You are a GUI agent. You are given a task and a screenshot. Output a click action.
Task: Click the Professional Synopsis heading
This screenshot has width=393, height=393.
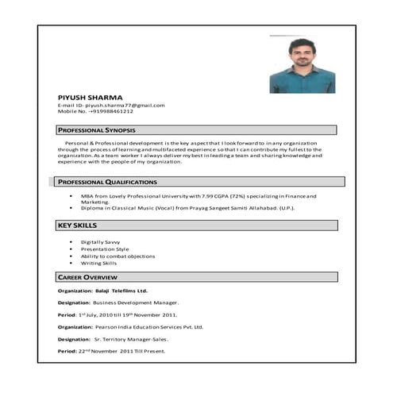pos(96,129)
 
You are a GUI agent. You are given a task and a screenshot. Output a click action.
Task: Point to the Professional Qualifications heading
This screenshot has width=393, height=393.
pos(106,183)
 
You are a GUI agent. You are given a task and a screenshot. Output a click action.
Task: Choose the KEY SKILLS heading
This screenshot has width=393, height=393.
pos(77,226)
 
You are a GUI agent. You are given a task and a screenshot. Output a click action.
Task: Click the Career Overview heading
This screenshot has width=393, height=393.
pos(88,277)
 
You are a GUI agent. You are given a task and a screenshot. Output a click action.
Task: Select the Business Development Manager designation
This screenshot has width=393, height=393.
pos(136,303)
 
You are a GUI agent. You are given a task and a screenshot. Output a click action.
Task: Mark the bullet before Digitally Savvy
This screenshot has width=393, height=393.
pos(71,241)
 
